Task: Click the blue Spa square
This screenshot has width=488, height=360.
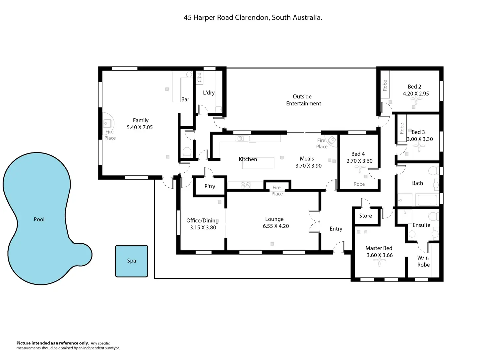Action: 131,261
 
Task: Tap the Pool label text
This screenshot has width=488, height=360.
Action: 39,219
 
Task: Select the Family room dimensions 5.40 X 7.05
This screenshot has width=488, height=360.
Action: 140,127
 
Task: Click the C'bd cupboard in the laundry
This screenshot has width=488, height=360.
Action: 199,77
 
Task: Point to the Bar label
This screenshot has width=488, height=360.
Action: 185,99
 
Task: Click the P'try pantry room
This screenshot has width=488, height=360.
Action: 210,186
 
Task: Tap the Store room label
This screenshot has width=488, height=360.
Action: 365,216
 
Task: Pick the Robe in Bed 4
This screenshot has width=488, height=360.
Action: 359,184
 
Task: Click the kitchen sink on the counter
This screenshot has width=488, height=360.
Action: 242,139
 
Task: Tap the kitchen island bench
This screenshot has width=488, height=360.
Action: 258,163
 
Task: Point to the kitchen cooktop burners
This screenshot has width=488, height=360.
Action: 246,185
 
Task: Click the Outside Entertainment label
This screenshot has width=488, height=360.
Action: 303,100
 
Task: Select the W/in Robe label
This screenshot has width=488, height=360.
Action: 423,261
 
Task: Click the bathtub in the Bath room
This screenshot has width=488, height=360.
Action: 427,200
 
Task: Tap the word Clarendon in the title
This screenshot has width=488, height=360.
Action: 252,17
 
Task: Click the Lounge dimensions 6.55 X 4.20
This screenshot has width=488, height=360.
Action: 276,226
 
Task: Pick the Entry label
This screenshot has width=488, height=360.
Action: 336,229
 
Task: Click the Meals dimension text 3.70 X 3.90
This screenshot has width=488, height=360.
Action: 308,166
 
